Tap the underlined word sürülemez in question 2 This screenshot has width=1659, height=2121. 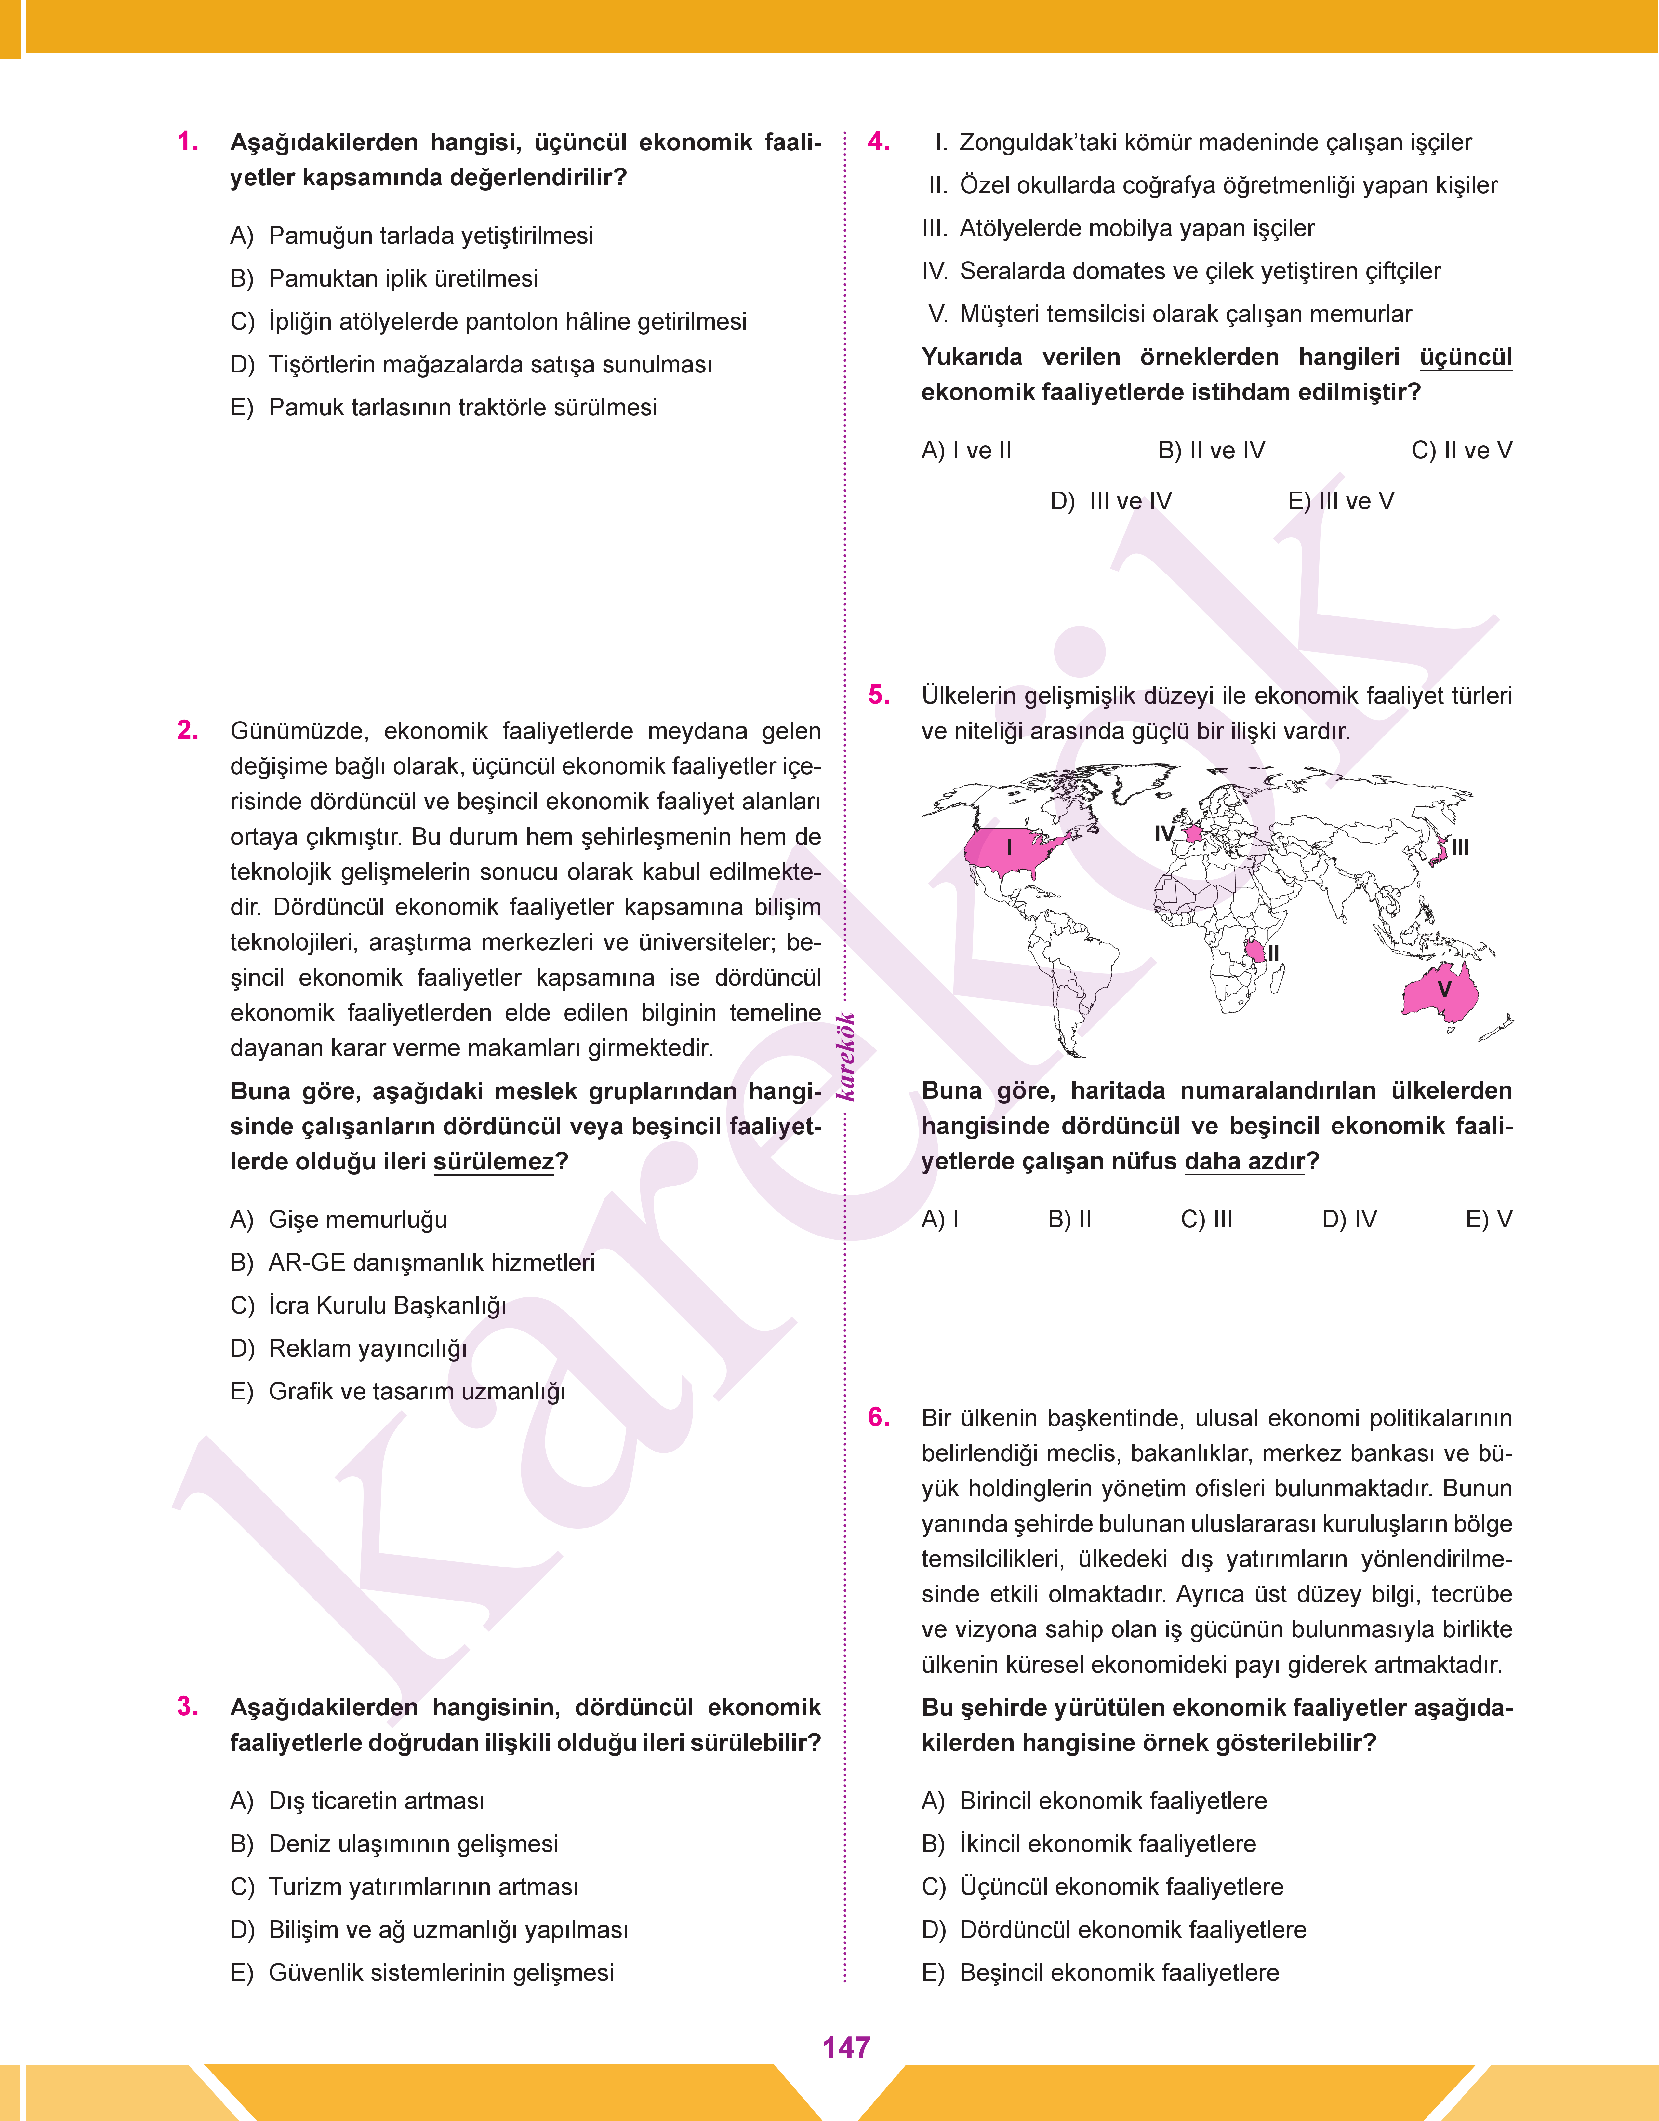(x=493, y=1162)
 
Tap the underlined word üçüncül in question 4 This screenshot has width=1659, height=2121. (x=1465, y=358)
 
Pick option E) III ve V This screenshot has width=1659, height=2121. (x=1340, y=501)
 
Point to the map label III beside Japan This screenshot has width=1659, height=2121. (x=1460, y=847)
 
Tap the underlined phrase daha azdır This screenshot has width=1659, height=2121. (x=1244, y=1162)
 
